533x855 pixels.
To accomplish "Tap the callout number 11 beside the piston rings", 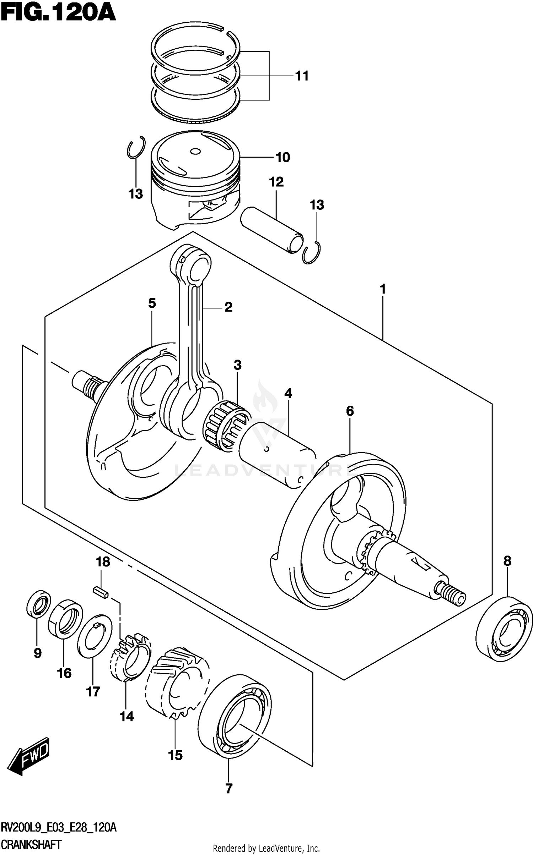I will click(302, 76).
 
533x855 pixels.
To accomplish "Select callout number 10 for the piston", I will click(282, 157).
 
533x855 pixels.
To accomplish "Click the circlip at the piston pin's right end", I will click(312, 253).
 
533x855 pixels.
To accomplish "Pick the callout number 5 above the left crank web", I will click(152, 303).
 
